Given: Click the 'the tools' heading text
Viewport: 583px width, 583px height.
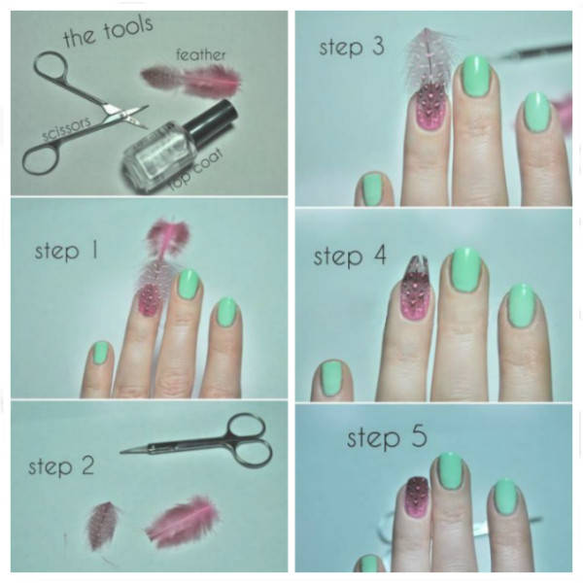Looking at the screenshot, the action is [x=108, y=32].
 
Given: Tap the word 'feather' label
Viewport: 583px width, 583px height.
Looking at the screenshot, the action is [x=201, y=55].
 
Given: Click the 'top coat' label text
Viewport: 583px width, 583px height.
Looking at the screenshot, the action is [x=197, y=170].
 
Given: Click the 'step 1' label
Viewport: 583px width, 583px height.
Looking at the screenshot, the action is [x=66, y=251].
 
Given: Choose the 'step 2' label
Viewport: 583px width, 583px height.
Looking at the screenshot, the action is [x=61, y=465].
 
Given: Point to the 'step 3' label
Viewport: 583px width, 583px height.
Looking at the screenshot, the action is [x=352, y=48].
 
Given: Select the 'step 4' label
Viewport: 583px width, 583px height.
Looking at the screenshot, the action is [x=350, y=257].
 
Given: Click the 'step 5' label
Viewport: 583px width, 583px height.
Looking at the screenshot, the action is [x=387, y=437].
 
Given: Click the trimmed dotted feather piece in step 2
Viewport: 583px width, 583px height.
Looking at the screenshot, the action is [x=102, y=526].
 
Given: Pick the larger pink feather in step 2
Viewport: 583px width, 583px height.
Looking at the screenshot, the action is [x=183, y=520].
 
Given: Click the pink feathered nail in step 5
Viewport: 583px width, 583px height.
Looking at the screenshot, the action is [x=414, y=496].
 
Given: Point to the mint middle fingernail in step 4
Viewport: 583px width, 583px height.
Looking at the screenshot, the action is [x=465, y=271].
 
